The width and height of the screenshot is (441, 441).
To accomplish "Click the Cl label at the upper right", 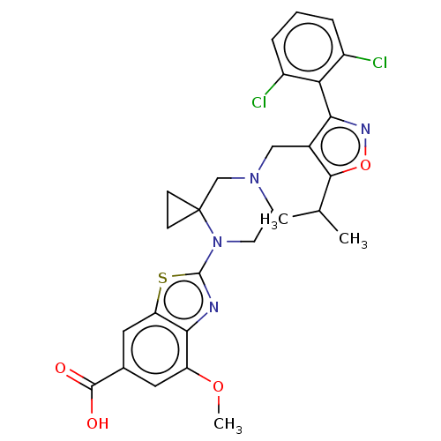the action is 379,63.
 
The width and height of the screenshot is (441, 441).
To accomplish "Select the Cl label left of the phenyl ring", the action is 259,102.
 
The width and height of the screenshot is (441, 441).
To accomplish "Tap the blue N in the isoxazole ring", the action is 365,129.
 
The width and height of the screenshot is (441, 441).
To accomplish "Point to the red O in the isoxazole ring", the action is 365,165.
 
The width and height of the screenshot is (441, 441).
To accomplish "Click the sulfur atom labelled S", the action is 162,278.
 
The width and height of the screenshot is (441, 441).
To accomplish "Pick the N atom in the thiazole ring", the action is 213,307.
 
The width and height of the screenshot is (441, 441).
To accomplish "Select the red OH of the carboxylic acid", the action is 98,423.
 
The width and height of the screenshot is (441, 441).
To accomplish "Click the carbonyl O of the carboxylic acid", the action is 60,368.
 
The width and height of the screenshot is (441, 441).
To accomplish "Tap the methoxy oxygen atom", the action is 218,386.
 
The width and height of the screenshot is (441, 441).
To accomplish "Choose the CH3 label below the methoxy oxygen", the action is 228,425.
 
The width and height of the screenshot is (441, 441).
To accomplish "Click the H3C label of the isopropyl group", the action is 274,220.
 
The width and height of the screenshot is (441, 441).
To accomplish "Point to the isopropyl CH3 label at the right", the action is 353,239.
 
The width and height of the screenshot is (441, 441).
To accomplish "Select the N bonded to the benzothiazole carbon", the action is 217,242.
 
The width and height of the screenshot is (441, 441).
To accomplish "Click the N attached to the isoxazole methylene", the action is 254,178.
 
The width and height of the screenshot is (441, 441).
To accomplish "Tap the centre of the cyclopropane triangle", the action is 178,210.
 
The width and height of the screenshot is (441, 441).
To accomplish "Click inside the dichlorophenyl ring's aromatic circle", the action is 308,47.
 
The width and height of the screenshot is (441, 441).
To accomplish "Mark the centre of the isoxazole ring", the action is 340,146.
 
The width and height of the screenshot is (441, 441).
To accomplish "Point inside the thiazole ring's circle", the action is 183,301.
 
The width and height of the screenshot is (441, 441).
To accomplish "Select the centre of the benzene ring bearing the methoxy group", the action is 155,350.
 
